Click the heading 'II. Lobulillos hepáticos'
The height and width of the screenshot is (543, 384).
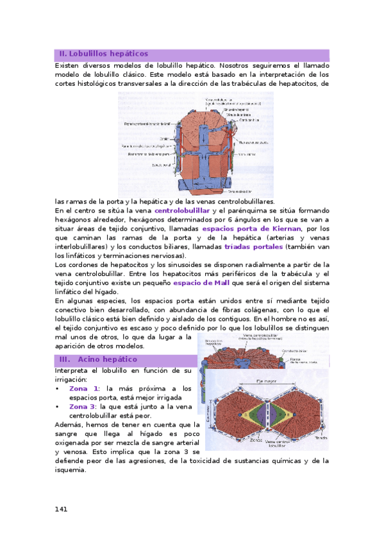tap(103, 54)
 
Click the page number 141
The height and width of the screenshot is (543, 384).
tap(62, 509)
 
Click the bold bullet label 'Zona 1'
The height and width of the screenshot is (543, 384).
tap(84, 389)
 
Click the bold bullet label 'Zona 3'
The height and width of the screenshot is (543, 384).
tap(84, 407)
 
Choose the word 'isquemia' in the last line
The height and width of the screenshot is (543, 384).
tap(72, 469)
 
